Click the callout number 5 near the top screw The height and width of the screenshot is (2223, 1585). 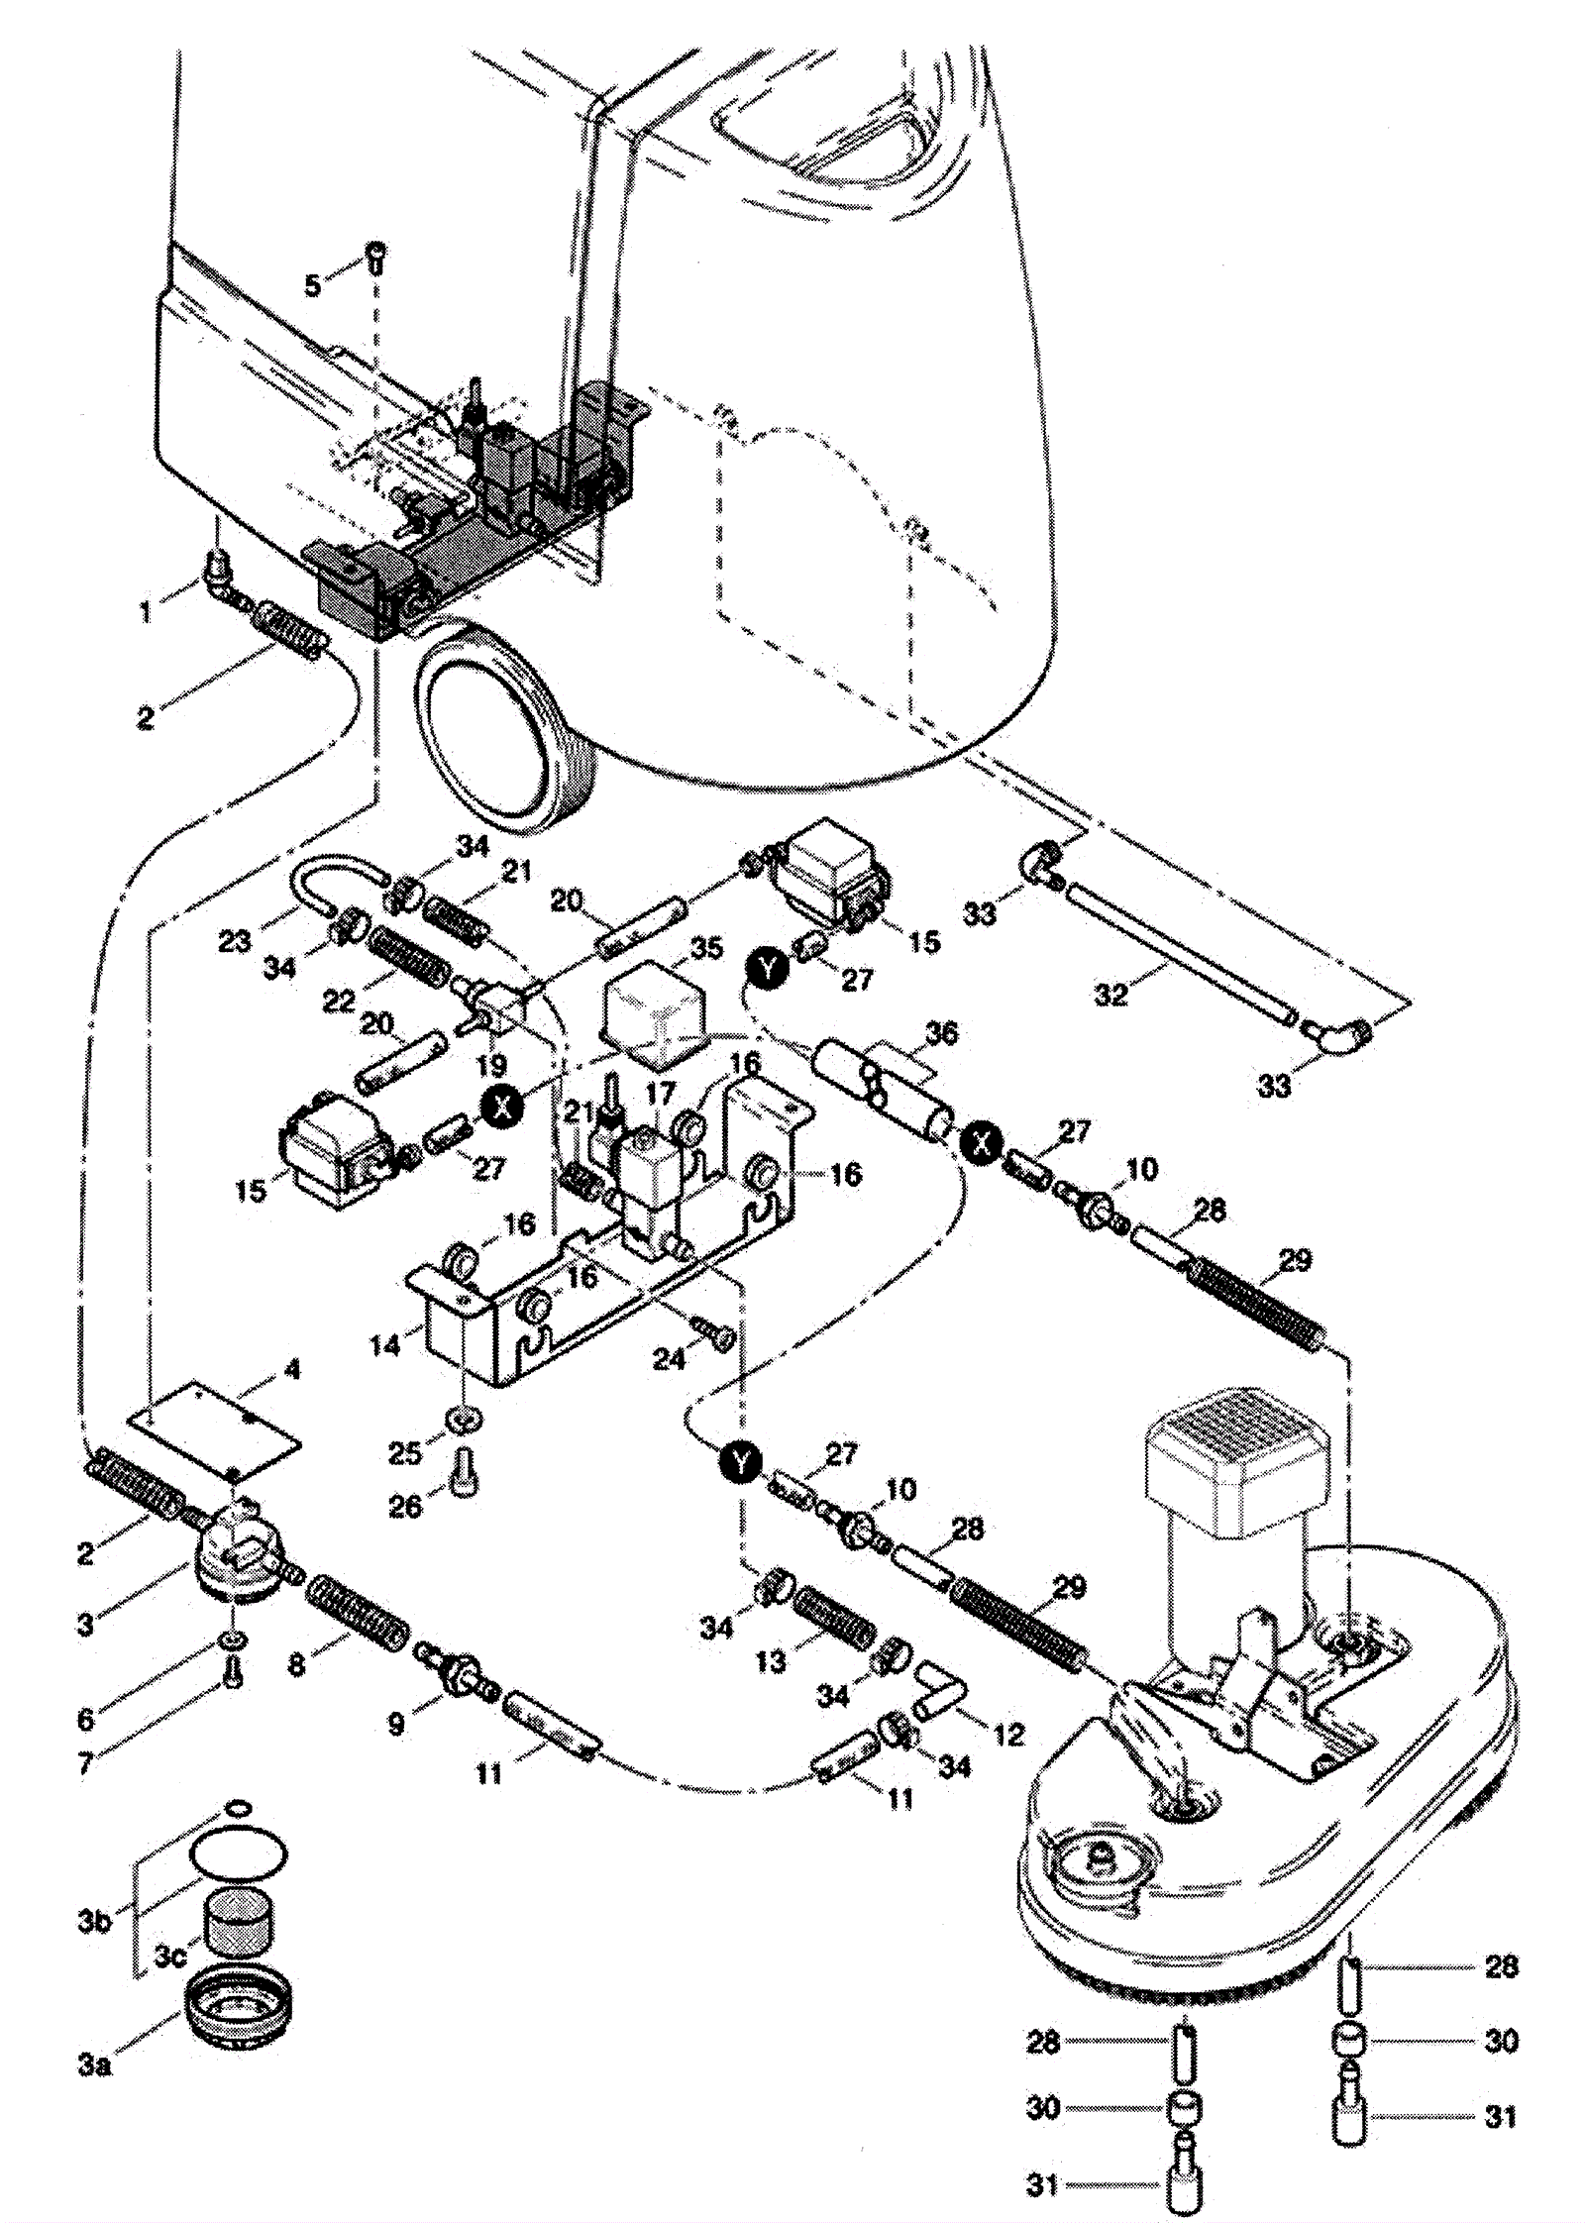coord(313,285)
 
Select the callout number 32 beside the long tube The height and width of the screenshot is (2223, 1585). coord(1111,993)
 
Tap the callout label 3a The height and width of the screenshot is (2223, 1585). coord(95,2066)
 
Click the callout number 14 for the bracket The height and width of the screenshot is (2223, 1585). coord(385,1344)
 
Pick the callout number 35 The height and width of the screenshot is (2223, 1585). coord(706,948)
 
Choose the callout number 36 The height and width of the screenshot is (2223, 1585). coord(941,1033)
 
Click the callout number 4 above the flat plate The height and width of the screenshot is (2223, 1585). coord(291,1371)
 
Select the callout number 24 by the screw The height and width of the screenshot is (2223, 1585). coord(670,1359)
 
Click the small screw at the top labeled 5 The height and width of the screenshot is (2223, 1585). coord(377,256)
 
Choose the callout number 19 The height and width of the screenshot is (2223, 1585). coord(491,1065)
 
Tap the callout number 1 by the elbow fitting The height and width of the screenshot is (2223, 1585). coord(146,612)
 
